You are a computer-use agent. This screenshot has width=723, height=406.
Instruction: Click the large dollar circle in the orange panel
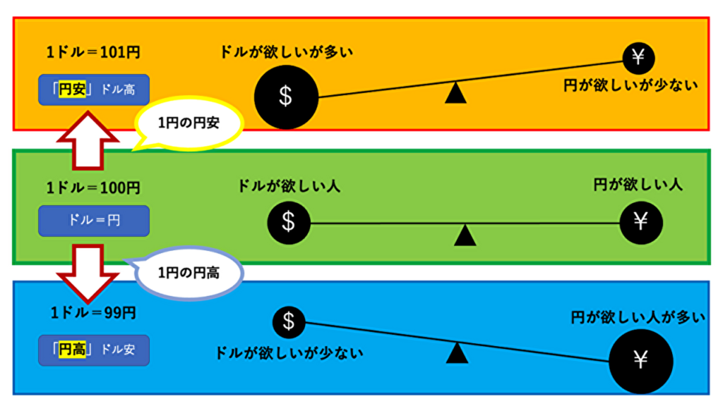(285, 96)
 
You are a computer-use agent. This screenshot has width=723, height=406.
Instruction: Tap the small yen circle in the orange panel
(638, 57)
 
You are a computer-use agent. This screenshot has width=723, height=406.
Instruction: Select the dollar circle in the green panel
(288, 222)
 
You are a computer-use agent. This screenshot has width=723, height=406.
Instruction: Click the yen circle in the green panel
(640, 222)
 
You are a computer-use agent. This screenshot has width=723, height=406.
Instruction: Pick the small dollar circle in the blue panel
(288, 321)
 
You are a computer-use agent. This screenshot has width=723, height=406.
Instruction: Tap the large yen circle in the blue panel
(640, 360)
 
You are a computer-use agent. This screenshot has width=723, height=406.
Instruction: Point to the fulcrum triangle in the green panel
(465, 235)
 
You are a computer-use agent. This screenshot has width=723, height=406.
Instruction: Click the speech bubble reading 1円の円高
(189, 273)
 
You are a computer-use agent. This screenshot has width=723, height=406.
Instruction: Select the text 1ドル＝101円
(92, 52)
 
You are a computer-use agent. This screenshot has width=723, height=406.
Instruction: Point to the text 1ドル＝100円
(92, 188)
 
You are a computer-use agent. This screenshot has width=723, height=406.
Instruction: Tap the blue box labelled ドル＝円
(93, 221)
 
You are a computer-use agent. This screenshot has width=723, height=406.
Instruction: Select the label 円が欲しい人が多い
(638, 318)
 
